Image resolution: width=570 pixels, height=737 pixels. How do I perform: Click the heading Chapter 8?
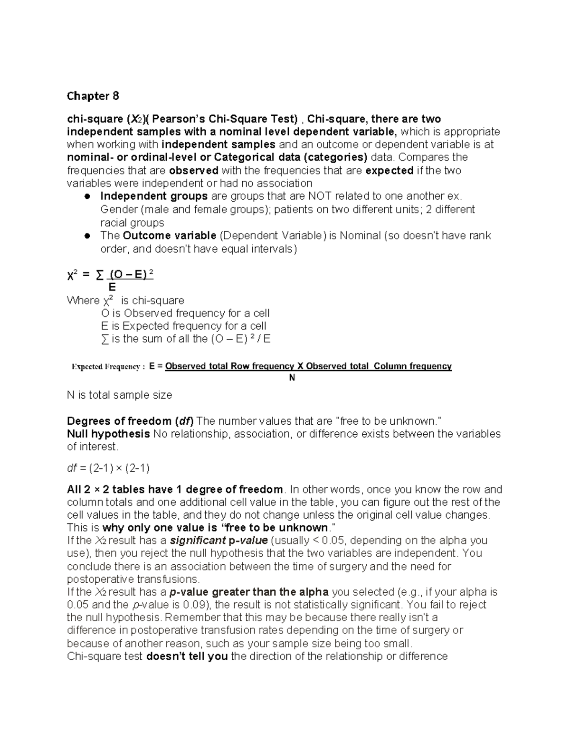coord(93,96)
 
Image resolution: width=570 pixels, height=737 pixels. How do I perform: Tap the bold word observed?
coord(193,170)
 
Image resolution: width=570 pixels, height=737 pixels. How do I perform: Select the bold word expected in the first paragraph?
coord(389,170)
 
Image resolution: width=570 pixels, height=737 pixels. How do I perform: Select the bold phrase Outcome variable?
coord(169,236)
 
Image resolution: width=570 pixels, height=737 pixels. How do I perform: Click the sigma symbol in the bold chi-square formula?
coord(99,275)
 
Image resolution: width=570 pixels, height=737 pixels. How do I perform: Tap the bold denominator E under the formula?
coord(112,287)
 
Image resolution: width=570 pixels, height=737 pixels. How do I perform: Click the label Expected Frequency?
coord(105,366)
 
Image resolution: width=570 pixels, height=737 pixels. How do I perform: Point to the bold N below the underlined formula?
coord(292,378)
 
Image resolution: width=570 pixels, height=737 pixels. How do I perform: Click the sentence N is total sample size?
coord(119,395)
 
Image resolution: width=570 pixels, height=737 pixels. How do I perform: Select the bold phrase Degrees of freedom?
coord(119,421)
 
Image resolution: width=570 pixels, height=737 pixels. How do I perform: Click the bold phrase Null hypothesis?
coord(108,434)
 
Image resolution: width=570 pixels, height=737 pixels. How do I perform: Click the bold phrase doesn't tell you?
coord(187,656)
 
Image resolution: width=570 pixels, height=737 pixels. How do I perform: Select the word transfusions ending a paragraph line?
coord(168,579)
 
